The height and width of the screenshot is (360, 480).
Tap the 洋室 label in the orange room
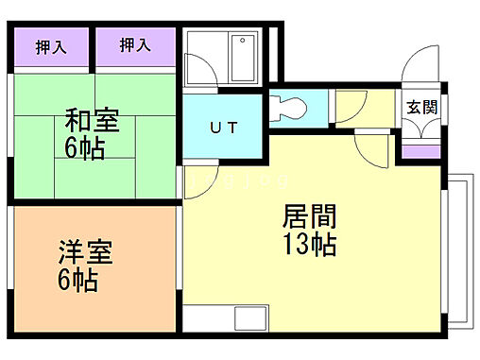(x=85, y=253)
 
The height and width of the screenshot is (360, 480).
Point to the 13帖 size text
(x=309, y=245)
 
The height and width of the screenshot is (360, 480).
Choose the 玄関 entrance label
(x=421, y=107)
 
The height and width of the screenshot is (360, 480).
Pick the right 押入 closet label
(x=135, y=44)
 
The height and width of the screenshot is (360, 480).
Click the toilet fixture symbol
(x=287, y=106)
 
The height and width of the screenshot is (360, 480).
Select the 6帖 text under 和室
(x=85, y=148)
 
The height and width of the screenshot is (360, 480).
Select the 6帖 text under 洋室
(x=77, y=281)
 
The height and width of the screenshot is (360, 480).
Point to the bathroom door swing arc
(x=200, y=69)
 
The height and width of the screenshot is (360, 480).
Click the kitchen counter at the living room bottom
(x=226, y=319)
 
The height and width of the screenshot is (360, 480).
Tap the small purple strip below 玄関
(x=421, y=150)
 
